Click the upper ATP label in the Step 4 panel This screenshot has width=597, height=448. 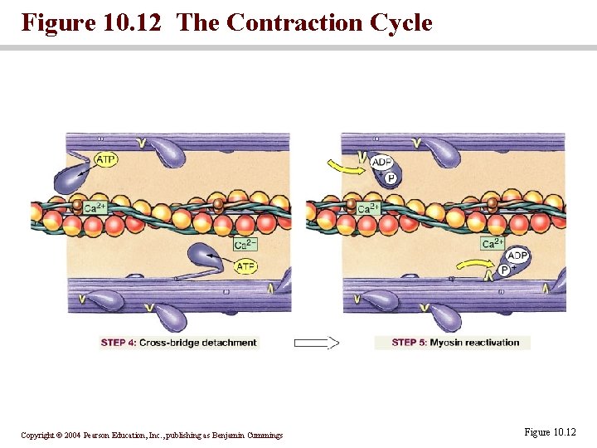click(x=105, y=159)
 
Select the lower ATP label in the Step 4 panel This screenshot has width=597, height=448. click(x=246, y=266)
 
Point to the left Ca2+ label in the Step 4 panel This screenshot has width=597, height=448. click(x=95, y=207)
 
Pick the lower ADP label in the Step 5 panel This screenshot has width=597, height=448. click(x=517, y=256)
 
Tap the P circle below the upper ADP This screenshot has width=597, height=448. click(x=391, y=178)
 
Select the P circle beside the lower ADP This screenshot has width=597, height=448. click(x=504, y=270)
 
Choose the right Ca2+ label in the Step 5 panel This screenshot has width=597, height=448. click(x=493, y=243)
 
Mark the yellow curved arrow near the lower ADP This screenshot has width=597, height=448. click(x=474, y=265)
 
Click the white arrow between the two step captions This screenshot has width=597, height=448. click(x=316, y=343)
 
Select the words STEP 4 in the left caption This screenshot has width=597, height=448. click(x=119, y=343)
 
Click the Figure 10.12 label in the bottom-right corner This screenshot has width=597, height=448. click(x=550, y=432)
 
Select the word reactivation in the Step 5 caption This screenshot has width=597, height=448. click(x=493, y=343)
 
